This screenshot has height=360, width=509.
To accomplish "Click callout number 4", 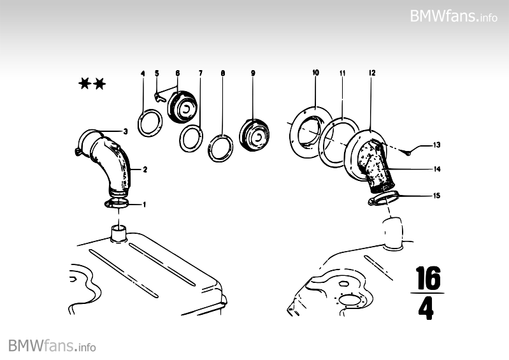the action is click(143, 74).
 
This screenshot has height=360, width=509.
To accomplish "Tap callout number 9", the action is click(253, 73).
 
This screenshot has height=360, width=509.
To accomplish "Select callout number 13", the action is click(437, 145).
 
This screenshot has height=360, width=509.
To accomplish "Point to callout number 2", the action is click(145, 169).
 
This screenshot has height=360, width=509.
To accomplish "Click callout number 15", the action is click(437, 196).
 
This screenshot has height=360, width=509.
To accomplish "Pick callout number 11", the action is click(343, 73).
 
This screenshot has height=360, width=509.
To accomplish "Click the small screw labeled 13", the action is click(408, 152).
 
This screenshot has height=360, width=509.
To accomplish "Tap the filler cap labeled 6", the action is click(182, 106).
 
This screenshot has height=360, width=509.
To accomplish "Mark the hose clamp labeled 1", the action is click(117, 203).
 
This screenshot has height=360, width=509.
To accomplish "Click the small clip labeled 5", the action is click(160, 97).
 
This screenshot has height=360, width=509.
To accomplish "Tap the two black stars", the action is click(92, 83).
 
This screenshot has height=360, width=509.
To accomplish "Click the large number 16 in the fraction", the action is click(429, 278).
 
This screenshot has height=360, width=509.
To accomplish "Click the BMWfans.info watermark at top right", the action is click(454, 15).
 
